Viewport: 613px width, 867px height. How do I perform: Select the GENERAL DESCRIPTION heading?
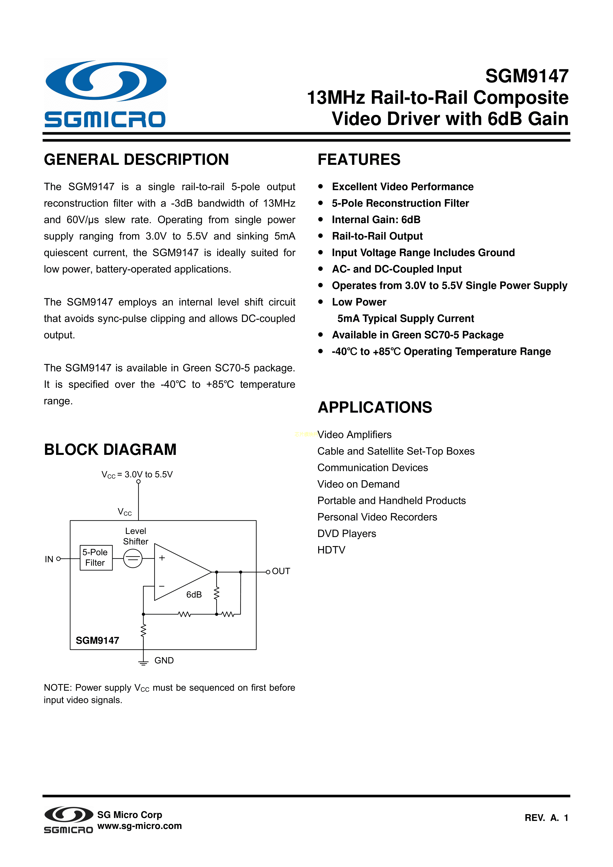pyautogui.click(x=136, y=160)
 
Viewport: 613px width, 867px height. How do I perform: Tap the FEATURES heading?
pyautogui.click(x=359, y=160)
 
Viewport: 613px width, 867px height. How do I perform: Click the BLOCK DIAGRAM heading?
pyautogui.click(x=110, y=450)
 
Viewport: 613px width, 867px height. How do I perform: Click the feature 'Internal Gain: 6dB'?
pyautogui.click(x=376, y=220)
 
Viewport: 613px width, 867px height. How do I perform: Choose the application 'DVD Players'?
pyautogui.click(x=347, y=534)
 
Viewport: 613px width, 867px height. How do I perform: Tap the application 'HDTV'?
pyautogui.click(x=331, y=550)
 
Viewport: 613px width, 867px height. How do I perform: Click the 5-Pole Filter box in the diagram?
pyautogui.click(x=96, y=558)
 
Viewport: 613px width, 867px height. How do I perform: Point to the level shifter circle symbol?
pyautogui.click(x=133, y=558)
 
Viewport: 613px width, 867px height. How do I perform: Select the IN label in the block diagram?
pyautogui.click(x=49, y=559)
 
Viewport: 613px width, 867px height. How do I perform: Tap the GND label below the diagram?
pyautogui.click(x=164, y=660)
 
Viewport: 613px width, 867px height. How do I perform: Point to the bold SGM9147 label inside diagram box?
pyautogui.click(x=97, y=640)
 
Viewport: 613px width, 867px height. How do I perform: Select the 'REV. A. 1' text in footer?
pyautogui.click(x=546, y=818)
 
